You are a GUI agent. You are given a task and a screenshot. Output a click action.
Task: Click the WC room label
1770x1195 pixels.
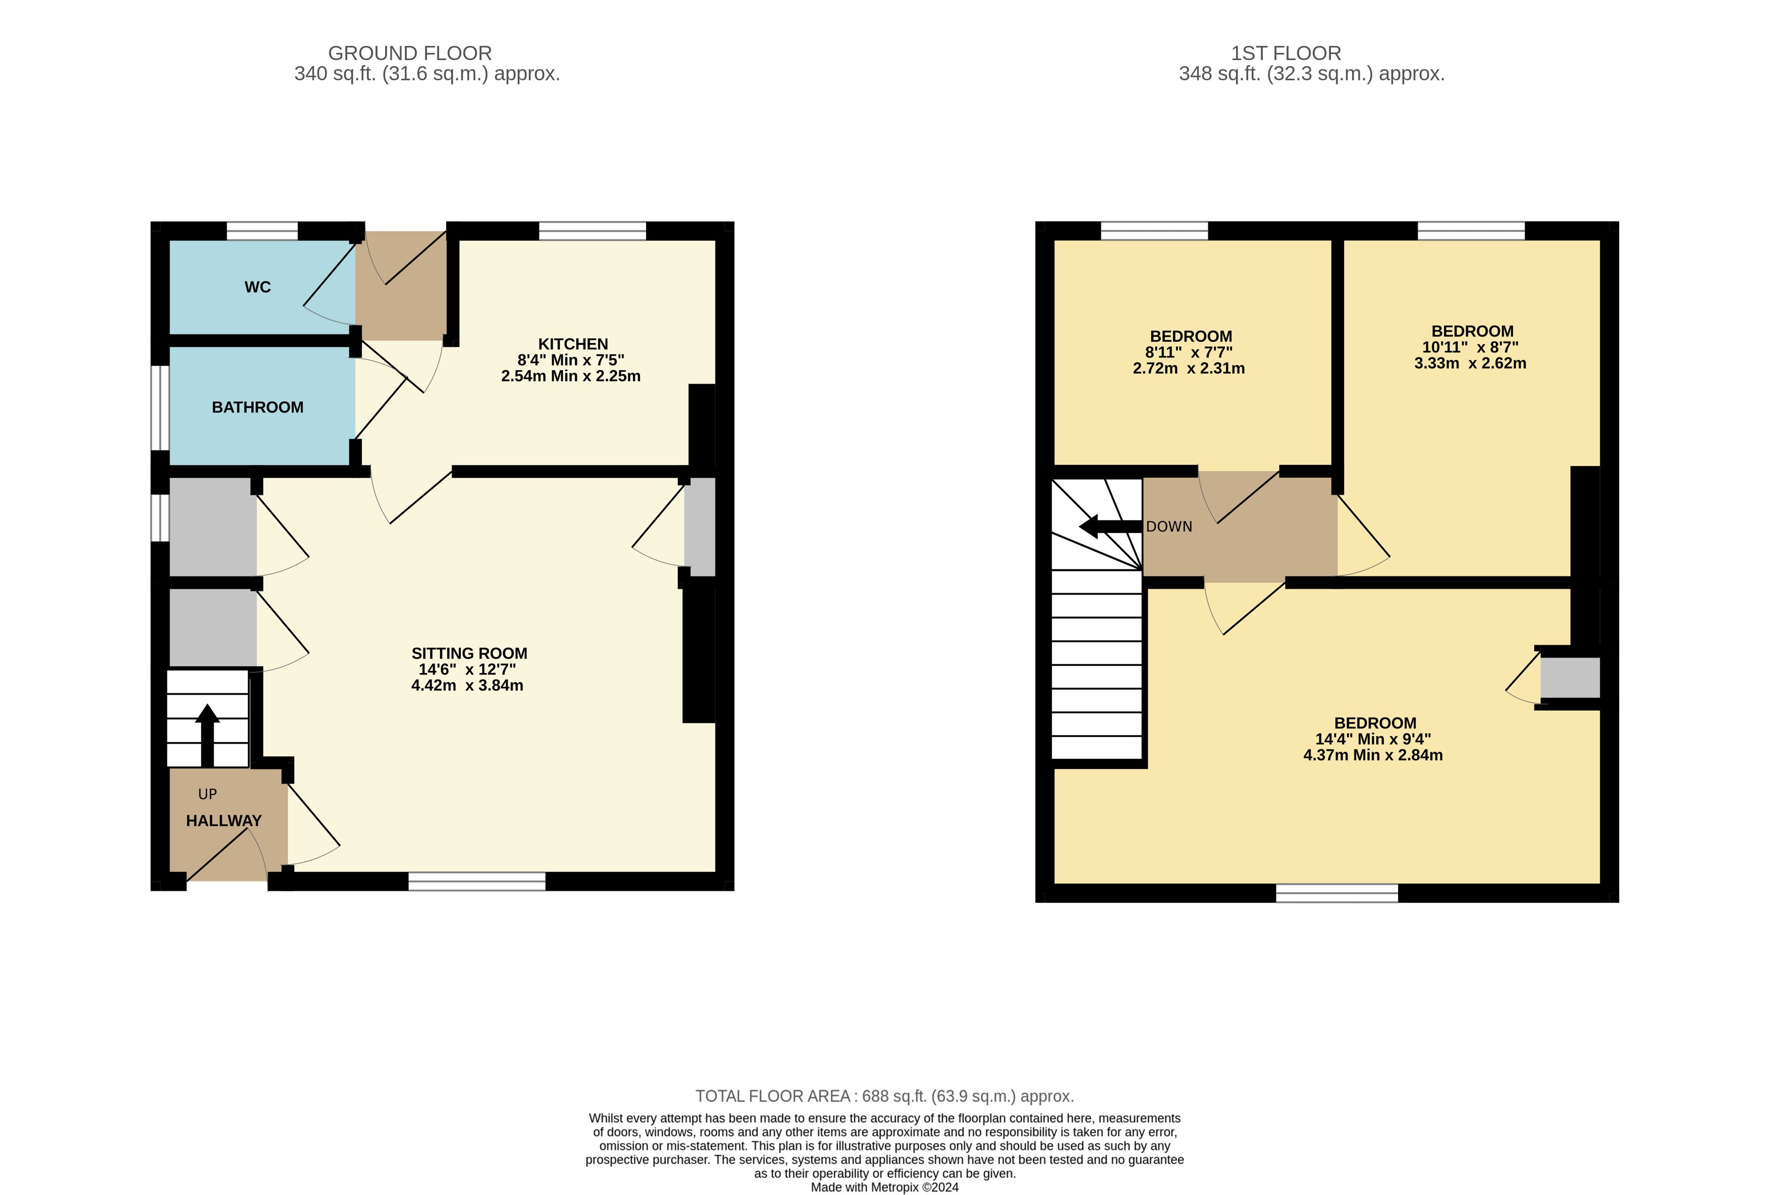[257, 287]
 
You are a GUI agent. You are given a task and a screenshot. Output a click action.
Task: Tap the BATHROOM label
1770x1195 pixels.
[257, 407]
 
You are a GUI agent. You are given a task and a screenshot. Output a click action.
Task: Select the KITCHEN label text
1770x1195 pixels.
[573, 344]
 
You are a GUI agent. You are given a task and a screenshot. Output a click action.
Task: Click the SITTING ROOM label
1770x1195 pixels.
[469, 653]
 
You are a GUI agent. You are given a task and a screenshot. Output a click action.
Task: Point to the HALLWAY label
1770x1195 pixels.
[224, 821]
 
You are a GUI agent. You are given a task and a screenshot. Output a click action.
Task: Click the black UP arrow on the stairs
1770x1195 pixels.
[207, 735]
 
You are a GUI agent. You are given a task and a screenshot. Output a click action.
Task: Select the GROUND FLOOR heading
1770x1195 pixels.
[410, 54]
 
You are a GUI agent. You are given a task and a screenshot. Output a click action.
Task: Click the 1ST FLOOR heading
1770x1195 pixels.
[1286, 54]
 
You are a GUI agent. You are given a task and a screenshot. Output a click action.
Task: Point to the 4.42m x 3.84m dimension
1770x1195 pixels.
[467, 686]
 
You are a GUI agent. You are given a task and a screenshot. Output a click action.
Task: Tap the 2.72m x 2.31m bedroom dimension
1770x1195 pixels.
[1189, 369]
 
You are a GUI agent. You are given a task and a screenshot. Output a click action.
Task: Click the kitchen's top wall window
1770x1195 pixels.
[593, 231]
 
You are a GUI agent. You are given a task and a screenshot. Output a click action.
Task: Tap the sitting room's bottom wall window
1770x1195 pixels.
[477, 881]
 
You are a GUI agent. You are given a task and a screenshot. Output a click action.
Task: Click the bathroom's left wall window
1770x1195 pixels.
[160, 408]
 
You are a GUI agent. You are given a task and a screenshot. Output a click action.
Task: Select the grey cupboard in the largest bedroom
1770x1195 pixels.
[1571, 678]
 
